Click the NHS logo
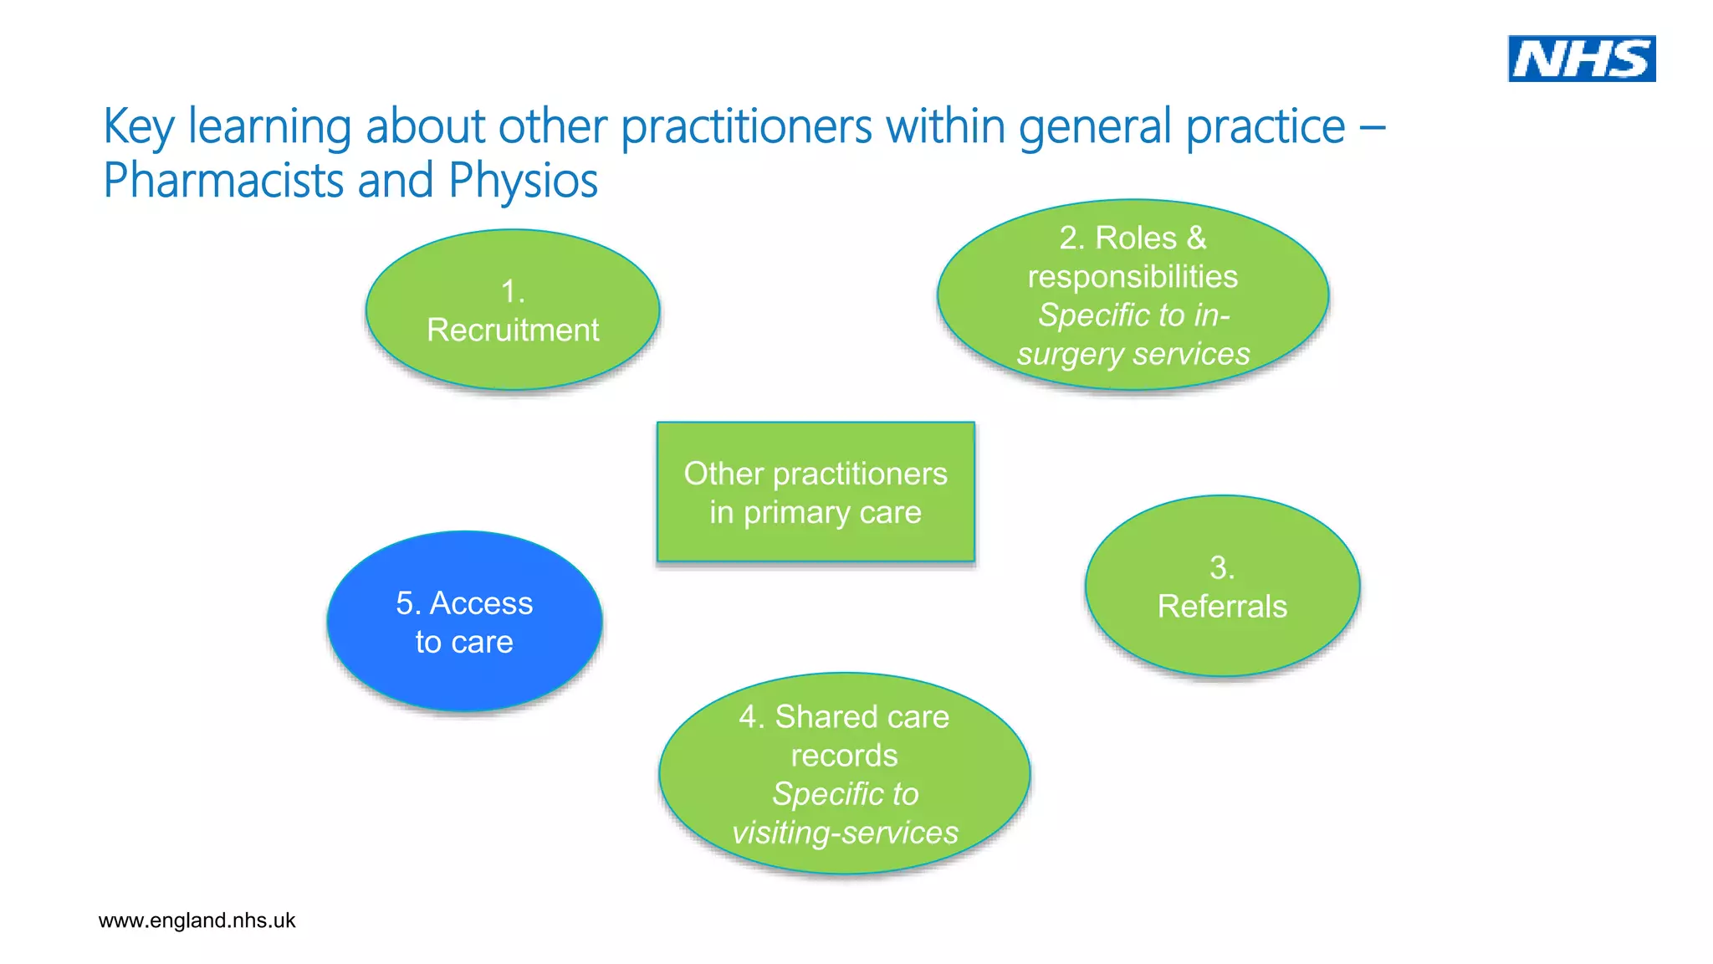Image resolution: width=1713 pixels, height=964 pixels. point(1581,59)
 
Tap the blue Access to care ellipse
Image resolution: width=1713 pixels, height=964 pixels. point(464,622)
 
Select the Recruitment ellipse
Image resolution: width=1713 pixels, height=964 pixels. point(513,310)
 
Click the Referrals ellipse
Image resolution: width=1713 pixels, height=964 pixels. point(1222,587)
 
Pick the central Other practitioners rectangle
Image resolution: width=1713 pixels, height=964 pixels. point(816,492)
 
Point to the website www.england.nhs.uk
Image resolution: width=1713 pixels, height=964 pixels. point(197,920)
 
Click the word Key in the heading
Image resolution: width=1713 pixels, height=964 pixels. point(138,127)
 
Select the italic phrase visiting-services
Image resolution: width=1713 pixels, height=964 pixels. point(845,833)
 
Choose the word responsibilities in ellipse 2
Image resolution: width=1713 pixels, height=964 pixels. point(1133,277)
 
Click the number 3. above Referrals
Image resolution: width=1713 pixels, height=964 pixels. point(1222,568)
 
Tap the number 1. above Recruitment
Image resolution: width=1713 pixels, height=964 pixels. point(513,292)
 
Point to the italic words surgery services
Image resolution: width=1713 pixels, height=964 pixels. point(1133,354)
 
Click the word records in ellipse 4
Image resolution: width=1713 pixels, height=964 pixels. point(844,756)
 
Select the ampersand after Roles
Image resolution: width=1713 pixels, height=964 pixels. point(1197,238)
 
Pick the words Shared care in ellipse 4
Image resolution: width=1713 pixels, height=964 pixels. point(862,717)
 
